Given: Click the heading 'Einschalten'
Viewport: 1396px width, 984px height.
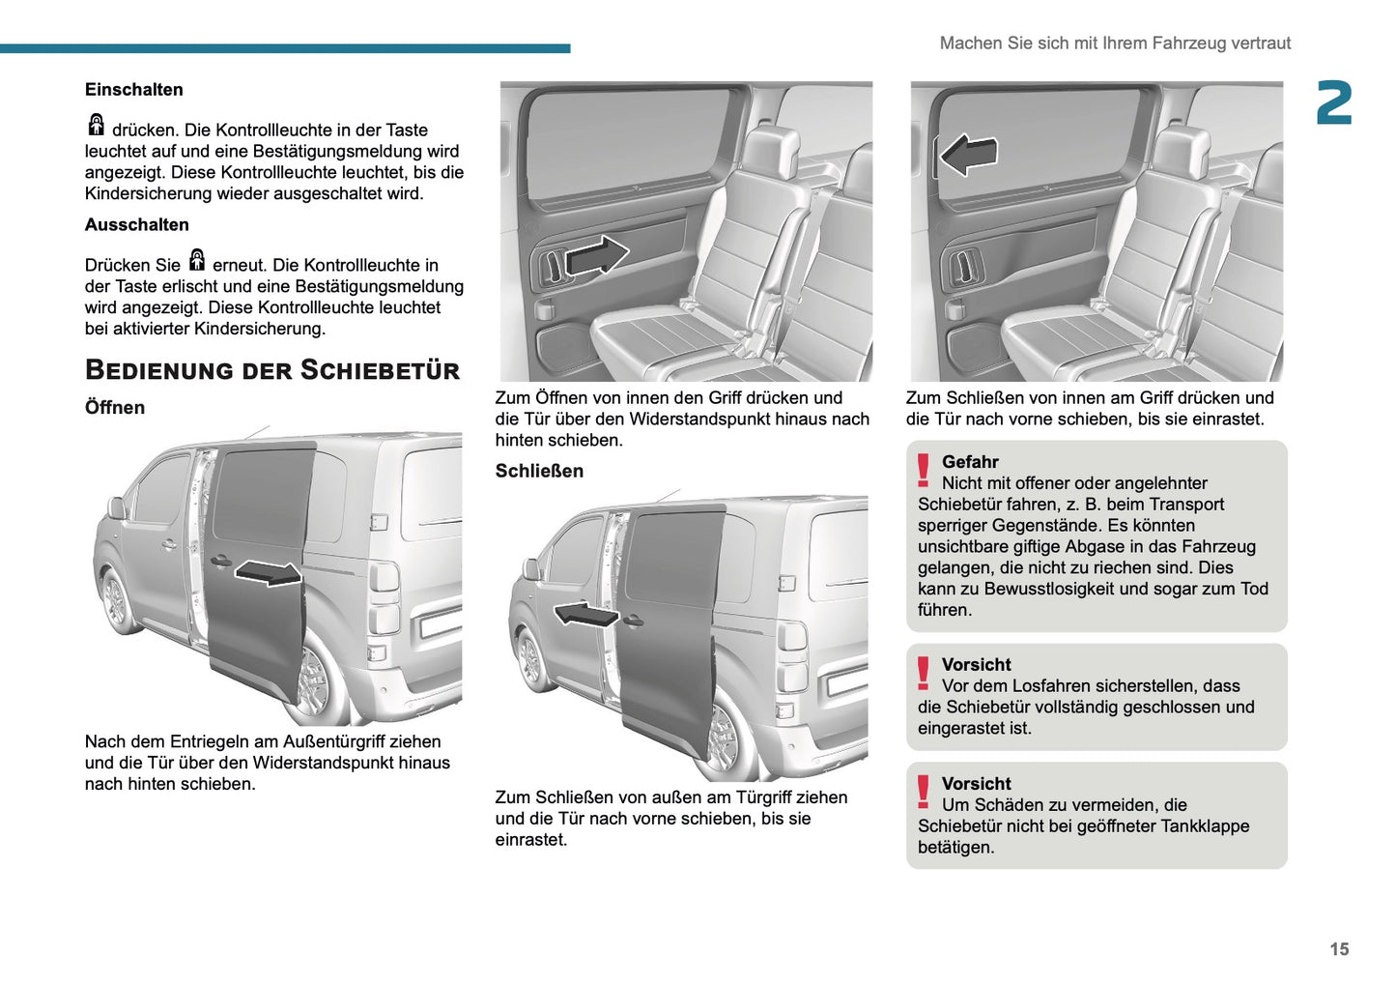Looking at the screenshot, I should point(133,90).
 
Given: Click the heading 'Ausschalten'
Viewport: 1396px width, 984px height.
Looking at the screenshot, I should point(136,225).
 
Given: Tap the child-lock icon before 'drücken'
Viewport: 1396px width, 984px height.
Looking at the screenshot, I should point(96,126).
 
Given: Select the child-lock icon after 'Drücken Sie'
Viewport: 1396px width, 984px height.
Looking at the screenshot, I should point(197,261).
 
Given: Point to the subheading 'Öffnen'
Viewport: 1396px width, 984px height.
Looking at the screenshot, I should point(115,408).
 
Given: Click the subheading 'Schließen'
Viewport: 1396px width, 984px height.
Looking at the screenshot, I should point(539,472).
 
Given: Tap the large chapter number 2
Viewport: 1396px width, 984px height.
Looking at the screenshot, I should point(1333,103).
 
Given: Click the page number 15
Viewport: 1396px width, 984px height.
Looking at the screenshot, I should point(1339,949).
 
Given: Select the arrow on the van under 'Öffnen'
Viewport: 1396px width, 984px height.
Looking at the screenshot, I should point(269,572).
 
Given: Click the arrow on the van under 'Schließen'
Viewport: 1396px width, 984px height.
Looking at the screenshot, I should point(585,613).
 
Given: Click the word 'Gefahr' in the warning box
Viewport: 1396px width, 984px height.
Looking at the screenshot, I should point(970,462).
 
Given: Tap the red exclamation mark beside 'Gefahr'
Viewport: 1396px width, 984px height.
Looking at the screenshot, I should point(924,471).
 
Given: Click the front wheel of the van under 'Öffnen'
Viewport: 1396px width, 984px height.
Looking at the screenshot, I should point(118,601).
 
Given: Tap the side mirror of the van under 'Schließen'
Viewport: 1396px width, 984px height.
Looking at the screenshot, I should point(529,569).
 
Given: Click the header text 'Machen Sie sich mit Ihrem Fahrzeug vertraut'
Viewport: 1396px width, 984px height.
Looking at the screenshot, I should point(1115,43).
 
